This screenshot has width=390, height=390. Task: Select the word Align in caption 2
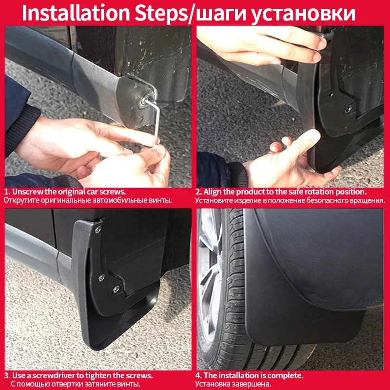(x=213, y=192)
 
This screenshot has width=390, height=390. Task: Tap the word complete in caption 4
(x=286, y=375)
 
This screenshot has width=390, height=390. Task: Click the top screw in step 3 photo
(x=99, y=229)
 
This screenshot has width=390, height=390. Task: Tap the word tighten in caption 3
(x=112, y=375)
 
